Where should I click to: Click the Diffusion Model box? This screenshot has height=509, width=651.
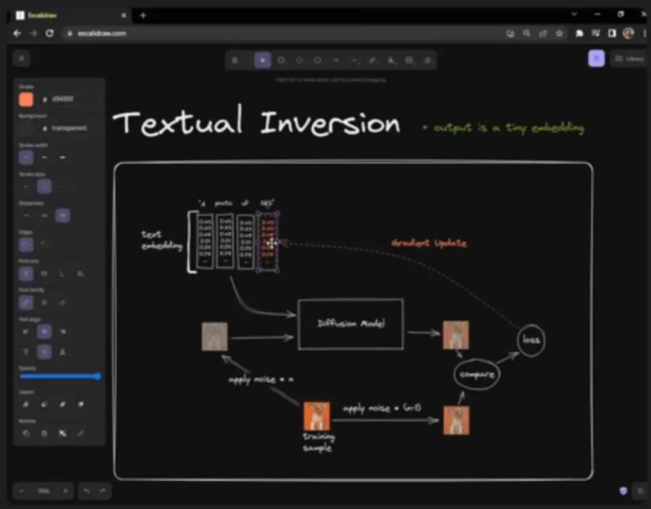(351, 324)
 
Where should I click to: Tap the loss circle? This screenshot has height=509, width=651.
(531, 340)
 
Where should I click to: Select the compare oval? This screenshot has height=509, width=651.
(477, 375)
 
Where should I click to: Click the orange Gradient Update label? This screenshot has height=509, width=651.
(429, 243)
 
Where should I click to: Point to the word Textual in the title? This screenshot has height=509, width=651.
(178, 122)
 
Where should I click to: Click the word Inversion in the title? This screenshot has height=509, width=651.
(330, 124)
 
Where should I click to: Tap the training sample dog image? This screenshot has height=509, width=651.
(316, 416)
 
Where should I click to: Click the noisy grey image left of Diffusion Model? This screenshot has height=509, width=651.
(215, 337)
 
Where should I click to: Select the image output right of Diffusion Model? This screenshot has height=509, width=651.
(456, 335)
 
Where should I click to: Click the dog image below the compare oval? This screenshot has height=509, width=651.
(456, 420)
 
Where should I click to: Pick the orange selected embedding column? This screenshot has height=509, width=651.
(267, 241)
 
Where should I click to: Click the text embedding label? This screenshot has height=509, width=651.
(160, 240)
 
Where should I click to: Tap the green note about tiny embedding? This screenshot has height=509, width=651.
(503, 128)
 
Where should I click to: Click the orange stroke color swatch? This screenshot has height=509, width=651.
(26, 100)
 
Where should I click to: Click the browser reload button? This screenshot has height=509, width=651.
(49, 33)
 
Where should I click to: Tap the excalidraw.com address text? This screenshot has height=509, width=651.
(102, 34)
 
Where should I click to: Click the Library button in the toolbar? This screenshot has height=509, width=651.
(629, 58)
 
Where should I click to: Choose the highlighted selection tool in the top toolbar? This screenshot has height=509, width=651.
(262, 60)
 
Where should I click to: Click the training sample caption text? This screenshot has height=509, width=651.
(318, 442)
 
